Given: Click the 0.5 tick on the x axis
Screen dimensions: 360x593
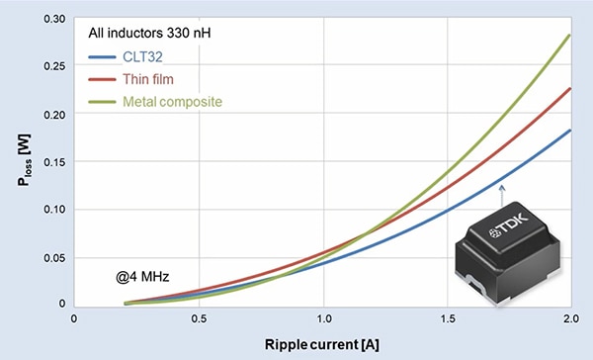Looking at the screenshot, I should [198, 318].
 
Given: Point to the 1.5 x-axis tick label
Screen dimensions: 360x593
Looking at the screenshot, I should [447, 318].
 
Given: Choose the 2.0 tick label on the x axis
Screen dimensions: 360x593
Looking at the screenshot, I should [569, 318].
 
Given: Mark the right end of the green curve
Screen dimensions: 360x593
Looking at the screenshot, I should [571, 36].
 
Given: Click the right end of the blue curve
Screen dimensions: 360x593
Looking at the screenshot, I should [571, 130].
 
